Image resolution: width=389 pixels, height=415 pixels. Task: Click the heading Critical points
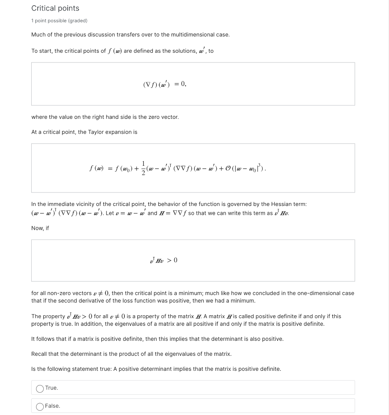point(55,8)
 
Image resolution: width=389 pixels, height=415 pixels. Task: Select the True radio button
point(40,388)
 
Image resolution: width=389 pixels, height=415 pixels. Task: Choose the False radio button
point(40,406)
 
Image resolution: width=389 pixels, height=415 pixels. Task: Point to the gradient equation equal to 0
point(165,84)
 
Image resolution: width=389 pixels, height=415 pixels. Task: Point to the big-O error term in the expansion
point(242,167)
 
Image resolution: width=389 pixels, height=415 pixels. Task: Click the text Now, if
point(40,228)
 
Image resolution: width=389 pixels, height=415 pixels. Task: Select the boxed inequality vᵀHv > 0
point(163,260)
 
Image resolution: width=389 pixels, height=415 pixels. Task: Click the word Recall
point(40,354)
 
